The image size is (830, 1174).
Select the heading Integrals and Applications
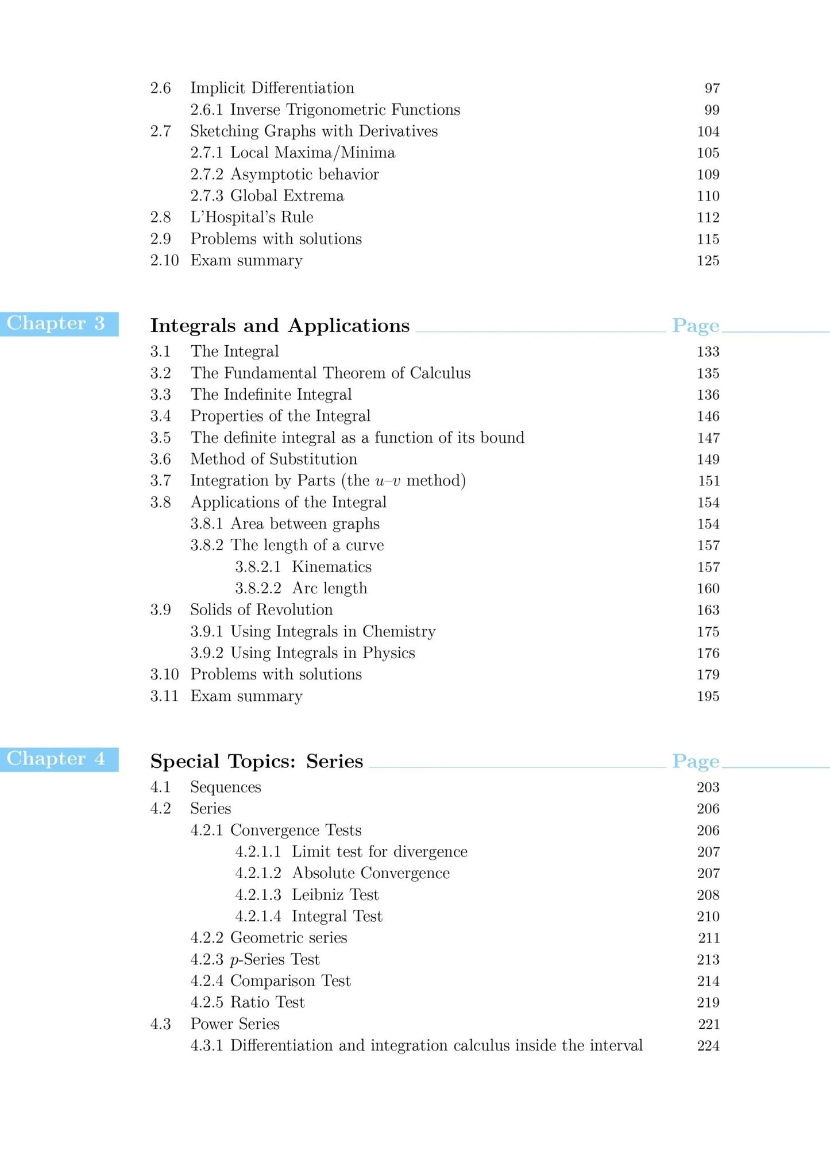[x=280, y=326]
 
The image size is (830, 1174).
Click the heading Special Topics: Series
[x=256, y=761]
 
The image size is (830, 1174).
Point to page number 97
[x=712, y=88]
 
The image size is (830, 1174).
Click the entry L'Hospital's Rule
[x=252, y=218]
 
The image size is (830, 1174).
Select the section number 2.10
[x=164, y=261]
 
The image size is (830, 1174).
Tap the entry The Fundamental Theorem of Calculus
[x=330, y=373]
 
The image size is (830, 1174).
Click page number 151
[x=708, y=481]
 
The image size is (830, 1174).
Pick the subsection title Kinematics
[x=331, y=567]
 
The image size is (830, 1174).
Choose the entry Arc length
[x=329, y=589]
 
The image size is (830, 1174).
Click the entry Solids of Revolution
[x=261, y=610]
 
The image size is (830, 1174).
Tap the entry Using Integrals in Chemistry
[x=333, y=632]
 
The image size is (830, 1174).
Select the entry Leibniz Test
[x=335, y=895]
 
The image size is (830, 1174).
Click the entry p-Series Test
[x=275, y=960]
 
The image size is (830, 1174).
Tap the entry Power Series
[x=235, y=1024]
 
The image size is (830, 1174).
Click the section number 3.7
[x=160, y=481]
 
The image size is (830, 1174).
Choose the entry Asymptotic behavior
[x=304, y=175]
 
